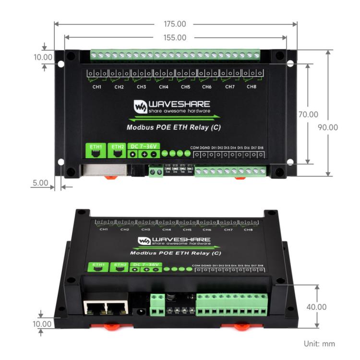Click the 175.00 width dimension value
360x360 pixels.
click(x=175, y=24)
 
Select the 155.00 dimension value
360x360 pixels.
click(x=175, y=37)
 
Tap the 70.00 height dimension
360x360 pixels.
click(x=308, y=114)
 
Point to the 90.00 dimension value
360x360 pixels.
click(x=328, y=127)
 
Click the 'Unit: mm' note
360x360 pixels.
click(x=319, y=343)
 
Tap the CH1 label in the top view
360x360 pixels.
click(x=97, y=87)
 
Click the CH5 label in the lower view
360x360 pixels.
click(x=187, y=229)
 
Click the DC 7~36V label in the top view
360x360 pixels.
click(x=144, y=145)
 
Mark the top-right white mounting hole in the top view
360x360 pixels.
click(x=290, y=63)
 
